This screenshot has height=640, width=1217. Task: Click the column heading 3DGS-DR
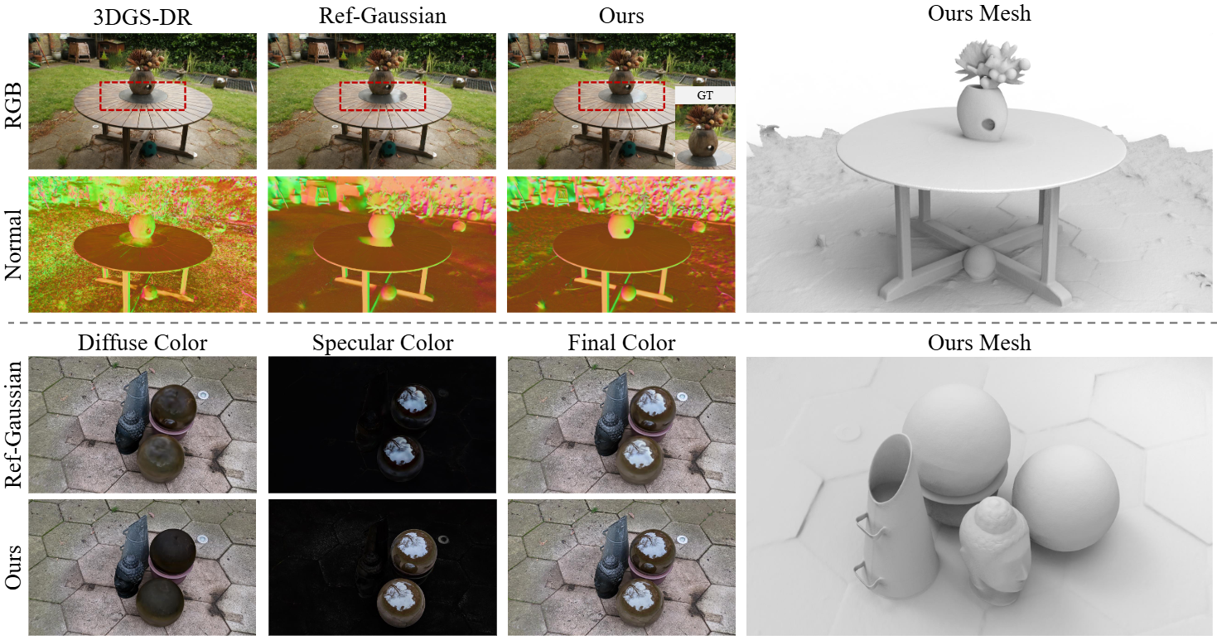(142, 17)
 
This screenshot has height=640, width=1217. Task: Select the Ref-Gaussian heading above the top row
(383, 16)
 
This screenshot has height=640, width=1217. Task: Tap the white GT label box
(705, 95)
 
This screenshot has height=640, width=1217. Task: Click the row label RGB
(13, 105)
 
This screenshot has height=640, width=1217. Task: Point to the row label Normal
(13, 245)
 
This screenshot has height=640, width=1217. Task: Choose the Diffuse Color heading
(142, 343)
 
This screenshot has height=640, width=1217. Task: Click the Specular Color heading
(383, 343)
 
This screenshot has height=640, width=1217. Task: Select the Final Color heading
(621, 343)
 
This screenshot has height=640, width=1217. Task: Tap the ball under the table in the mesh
(979, 262)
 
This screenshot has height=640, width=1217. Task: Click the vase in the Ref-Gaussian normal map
(382, 226)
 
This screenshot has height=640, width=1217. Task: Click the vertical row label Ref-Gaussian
(13, 425)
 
